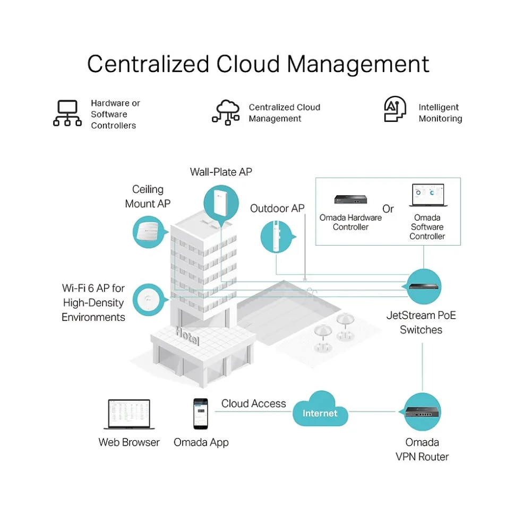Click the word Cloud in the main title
[x=248, y=64]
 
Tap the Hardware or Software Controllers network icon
[x=67, y=114]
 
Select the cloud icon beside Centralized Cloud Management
[x=226, y=112]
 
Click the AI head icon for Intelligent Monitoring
[x=395, y=110]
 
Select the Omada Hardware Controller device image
[x=350, y=199]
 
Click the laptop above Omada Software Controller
[x=427, y=196]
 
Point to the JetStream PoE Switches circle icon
[x=424, y=286]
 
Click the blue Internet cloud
[x=320, y=410]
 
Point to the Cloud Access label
[x=253, y=404]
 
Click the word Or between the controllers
[x=388, y=209]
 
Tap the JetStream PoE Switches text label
[x=421, y=322]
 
